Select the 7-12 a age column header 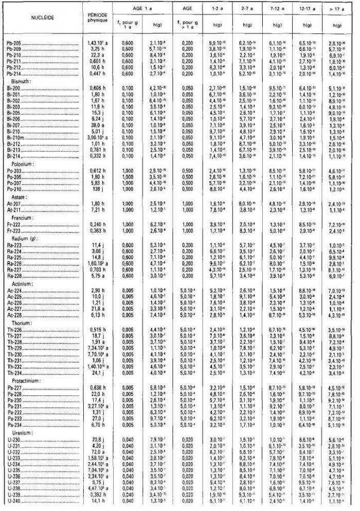click(x=277, y=9)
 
